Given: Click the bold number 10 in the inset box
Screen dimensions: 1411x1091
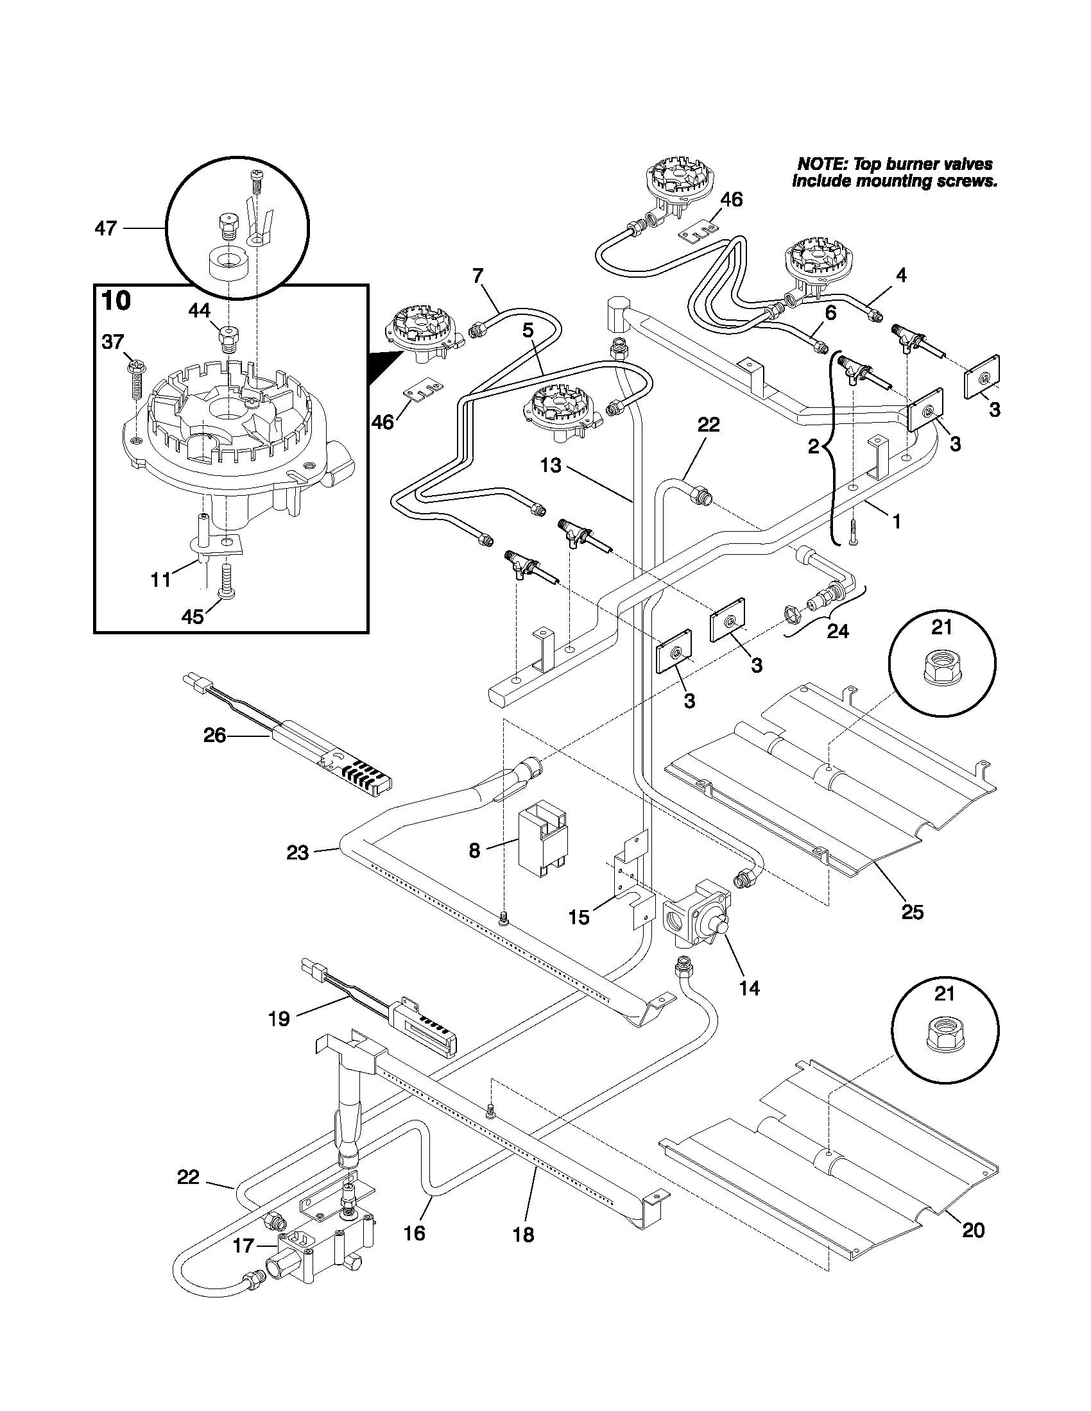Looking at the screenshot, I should tap(116, 301).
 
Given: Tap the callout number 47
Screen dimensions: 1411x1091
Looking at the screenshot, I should tap(106, 228).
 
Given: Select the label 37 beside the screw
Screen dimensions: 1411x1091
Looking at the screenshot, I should tap(112, 342).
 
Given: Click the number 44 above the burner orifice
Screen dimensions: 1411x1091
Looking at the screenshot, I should tap(199, 311).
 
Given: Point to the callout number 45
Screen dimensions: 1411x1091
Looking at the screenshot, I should tap(193, 616).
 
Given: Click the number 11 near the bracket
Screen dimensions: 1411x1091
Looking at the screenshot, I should tap(160, 580).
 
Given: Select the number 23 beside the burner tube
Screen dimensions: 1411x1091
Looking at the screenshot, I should tap(298, 853).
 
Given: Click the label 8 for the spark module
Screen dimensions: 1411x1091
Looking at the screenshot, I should tap(474, 851).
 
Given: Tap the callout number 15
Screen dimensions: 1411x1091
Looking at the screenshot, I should tap(579, 917).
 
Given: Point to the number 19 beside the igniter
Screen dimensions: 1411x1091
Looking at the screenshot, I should tap(279, 1019).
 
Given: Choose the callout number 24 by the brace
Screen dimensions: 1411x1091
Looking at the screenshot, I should tap(838, 630).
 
